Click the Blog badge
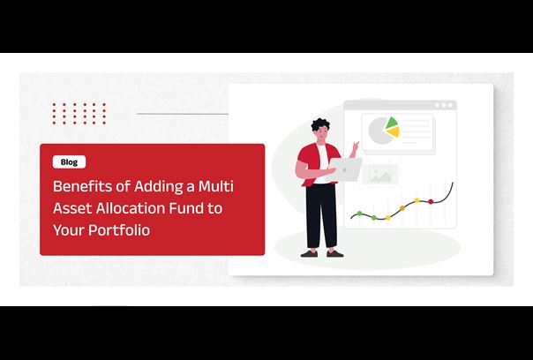click(x=69, y=161)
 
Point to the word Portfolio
click(x=119, y=230)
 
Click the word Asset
click(x=72, y=208)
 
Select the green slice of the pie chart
click(x=391, y=123)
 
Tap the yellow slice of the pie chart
click(x=394, y=131)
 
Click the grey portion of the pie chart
click(x=378, y=131)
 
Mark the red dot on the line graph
click(x=431, y=201)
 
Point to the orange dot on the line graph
click(x=402, y=208)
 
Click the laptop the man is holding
click(x=344, y=169)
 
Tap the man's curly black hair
click(x=319, y=124)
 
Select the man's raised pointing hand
click(x=355, y=147)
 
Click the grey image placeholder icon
click(x=380, y=175)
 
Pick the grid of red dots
click(x=79, y=114)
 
